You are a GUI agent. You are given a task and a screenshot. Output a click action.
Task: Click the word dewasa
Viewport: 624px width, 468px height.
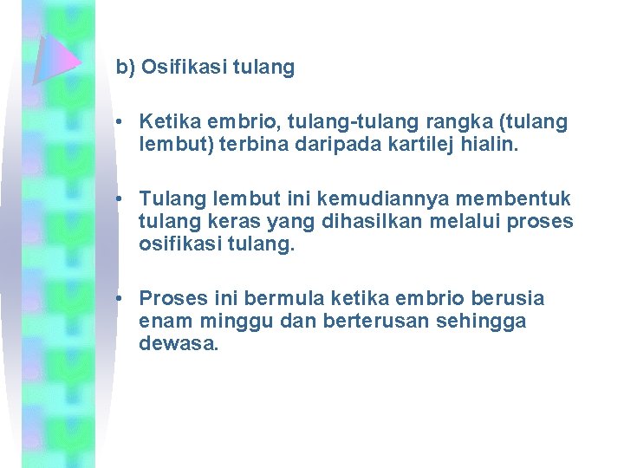(178, 343)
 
